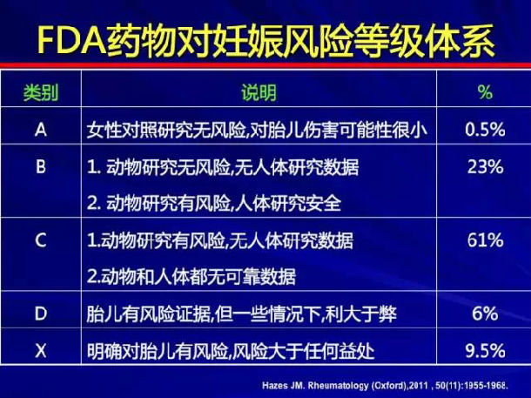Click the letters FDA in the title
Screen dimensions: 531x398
click(x=71, y=42)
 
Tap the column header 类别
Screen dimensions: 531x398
click(x=41, y=92)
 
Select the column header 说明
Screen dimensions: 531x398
click(x=259, y=92)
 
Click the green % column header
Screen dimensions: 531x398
click(x=485, y=91)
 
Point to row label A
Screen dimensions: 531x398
click(x=41, y=130)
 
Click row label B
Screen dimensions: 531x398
click(x=41, y=166)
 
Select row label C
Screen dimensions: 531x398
click(x=41, y=240)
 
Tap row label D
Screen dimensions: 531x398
click(x=41, y=314)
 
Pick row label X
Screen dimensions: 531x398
click(x=41, y=351)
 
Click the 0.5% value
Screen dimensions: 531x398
click(x=485, y=130)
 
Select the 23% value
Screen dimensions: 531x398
click(x=485, y=166)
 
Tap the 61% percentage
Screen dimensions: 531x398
click(x=485, y=240)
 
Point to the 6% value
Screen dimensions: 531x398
click(x=485, y=314)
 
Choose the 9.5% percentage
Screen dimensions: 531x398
click(x=485, y=351)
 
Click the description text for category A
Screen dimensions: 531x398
click(x=256, y=130)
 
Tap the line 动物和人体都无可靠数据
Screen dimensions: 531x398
click(x=191, y=277)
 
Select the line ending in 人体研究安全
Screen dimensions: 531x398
click(x=213, y=204)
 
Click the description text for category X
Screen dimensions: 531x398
click(x=231, y=351)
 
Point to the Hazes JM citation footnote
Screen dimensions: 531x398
click(x=386, y=386)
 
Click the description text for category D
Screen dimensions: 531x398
click(x=241, y=314)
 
